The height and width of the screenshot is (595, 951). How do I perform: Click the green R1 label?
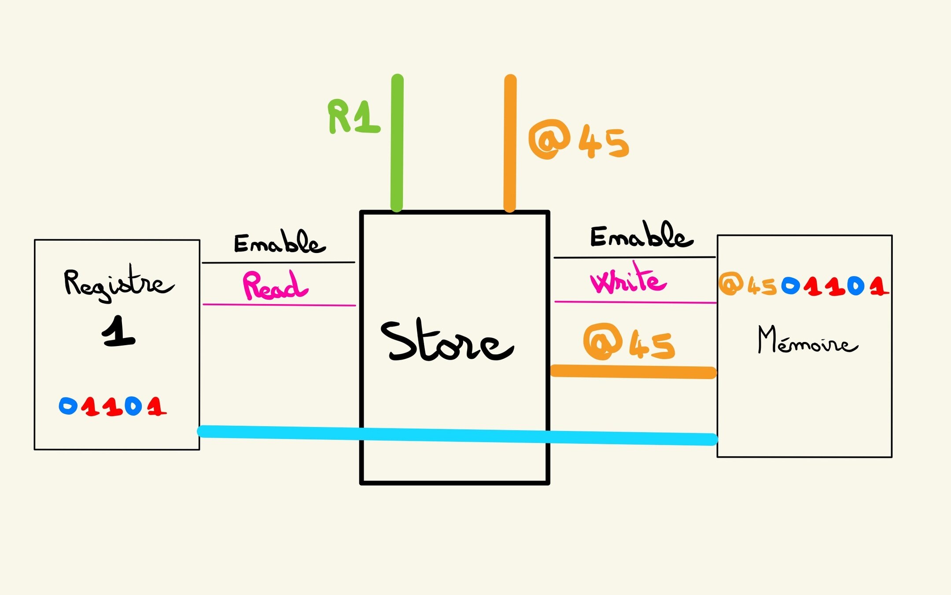(353, 116)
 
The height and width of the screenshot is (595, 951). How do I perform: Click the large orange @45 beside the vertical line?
(579, 140)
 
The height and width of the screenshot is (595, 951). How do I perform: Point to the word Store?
(446, 341)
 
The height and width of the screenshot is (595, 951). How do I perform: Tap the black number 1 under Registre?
(118, 331)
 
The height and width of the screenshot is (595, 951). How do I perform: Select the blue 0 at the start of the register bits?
(68, 406)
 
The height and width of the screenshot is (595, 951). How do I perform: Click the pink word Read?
(275, 286)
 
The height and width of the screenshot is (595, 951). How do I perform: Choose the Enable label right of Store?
(641, 235)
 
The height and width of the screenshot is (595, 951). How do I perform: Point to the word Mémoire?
(807, 340)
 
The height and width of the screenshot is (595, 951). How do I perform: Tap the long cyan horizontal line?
(458, 435)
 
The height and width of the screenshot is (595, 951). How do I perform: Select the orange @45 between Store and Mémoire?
(629, 342)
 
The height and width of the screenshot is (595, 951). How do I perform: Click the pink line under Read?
(279, 305)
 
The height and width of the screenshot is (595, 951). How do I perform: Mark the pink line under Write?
(635, 302)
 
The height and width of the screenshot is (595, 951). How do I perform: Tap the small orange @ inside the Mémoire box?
(730, 284)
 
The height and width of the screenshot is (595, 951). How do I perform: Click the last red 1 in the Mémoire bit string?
(878, 286)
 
